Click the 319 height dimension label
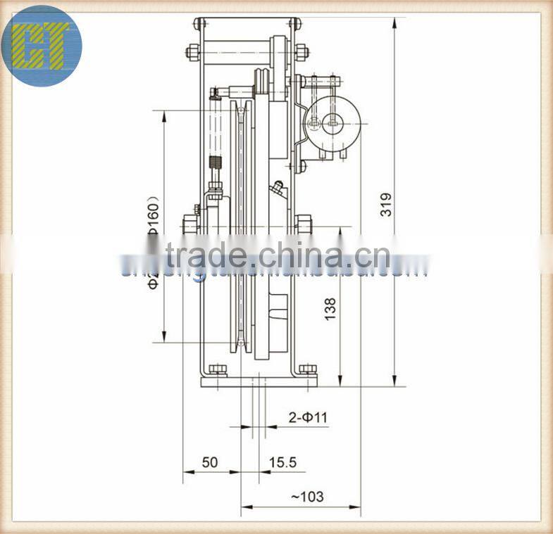(385, 203)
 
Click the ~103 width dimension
(307, 496)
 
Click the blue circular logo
(42, 44)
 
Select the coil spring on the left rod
(217, 170)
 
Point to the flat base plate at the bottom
(259, 381)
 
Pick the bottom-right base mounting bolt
(307, 369)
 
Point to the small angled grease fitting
(276, 189)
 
